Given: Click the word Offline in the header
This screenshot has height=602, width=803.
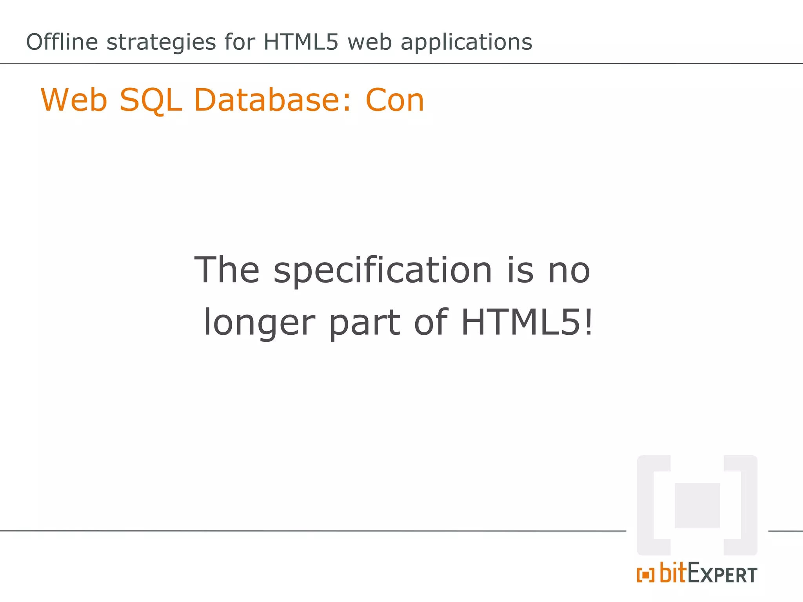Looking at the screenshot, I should coord(62,42).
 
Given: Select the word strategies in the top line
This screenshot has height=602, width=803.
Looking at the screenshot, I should coord(161,43).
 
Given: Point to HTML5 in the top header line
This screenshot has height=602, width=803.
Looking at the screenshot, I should coord(301,42).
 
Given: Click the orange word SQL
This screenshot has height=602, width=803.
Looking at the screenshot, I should coord(151,100).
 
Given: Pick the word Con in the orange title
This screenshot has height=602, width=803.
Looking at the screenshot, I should coord(395,100).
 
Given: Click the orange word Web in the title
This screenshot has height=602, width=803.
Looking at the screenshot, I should coord(74,100).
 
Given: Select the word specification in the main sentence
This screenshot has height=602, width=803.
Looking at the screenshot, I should coord(383,271).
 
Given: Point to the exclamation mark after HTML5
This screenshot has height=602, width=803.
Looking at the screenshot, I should coord(588,322).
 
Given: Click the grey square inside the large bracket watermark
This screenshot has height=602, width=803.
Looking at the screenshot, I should coord(697,505).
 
